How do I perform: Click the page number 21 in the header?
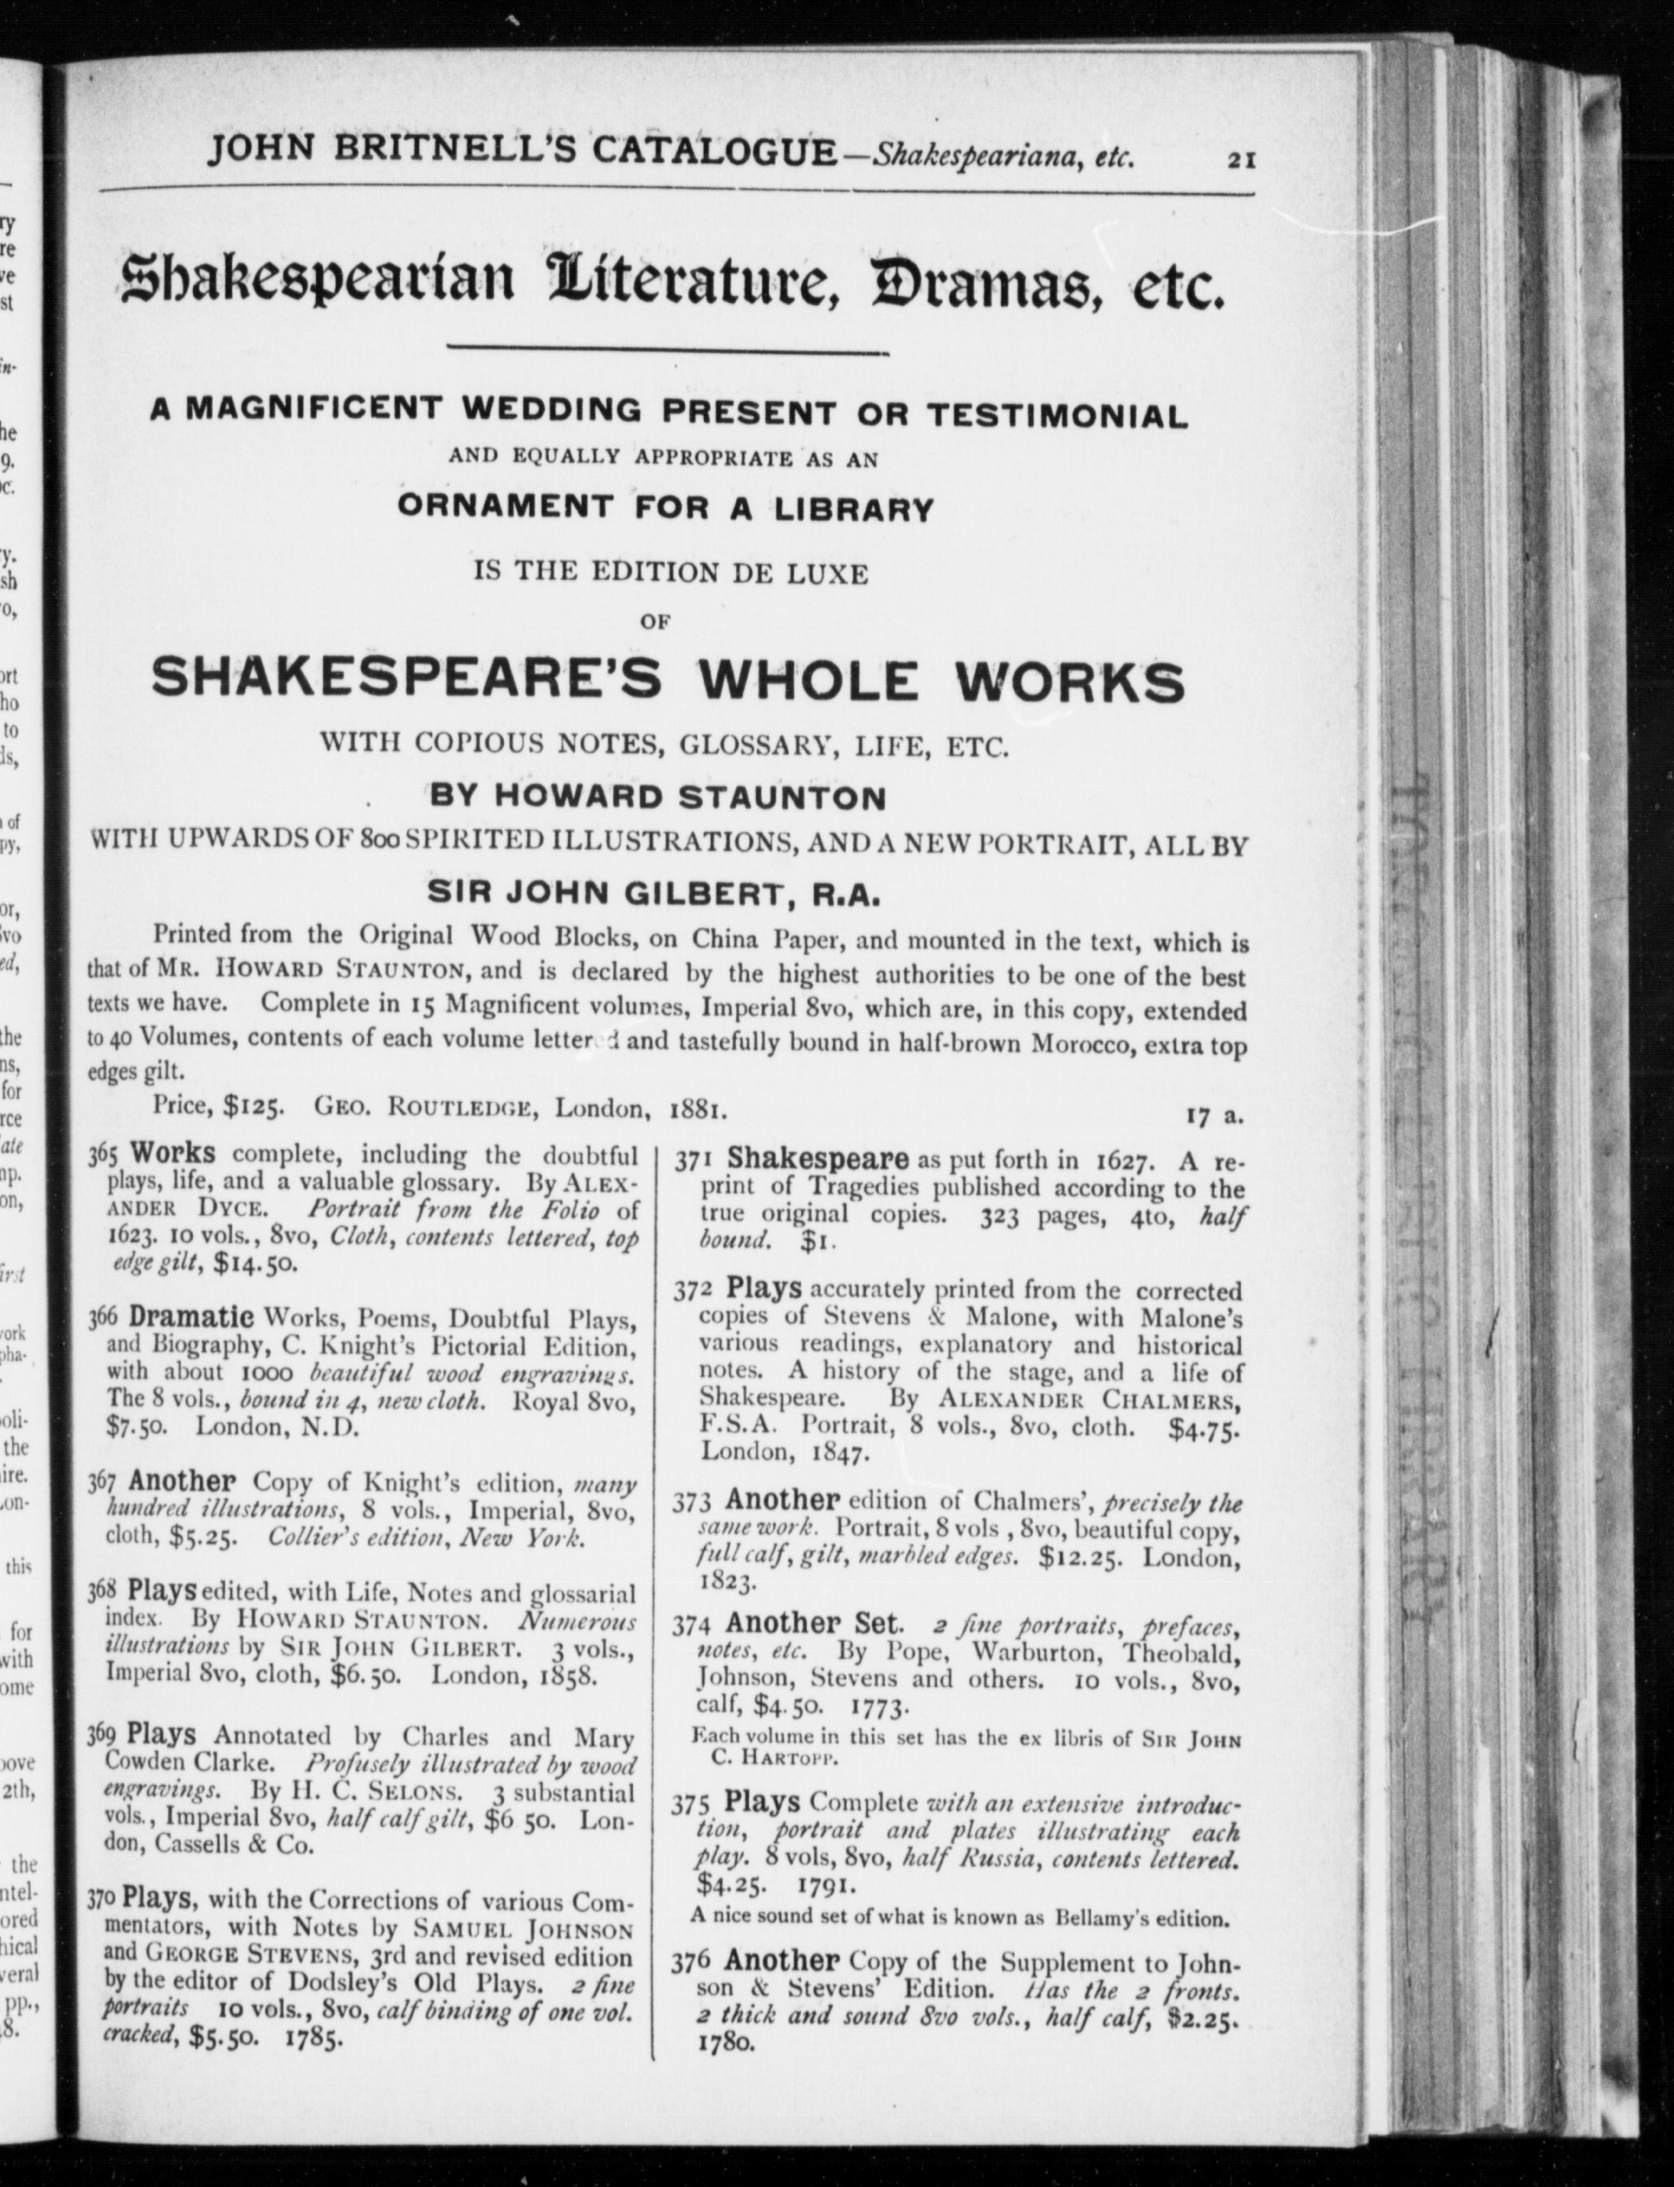[x=1240, y=159]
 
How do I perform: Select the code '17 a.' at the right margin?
[x=1213, y=1117]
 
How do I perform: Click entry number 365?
[x=103, y=1155]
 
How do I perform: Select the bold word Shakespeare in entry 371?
[x=817, y=1159]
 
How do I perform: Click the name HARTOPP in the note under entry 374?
[x=797, y=1759]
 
